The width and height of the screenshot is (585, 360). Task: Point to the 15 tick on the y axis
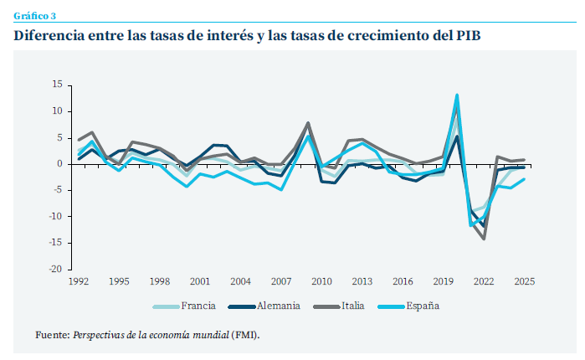point(57,85)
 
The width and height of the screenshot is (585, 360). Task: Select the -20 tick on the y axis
point(55,270)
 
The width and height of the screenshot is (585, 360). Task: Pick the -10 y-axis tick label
point(55,217)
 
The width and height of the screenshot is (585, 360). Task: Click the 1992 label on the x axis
point(80,281)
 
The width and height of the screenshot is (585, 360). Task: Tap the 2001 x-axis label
point(199,281)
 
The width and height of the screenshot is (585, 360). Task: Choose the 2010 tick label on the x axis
point(322,281)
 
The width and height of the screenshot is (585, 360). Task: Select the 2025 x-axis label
point(524,281)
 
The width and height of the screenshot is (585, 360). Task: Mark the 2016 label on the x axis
point(403,281)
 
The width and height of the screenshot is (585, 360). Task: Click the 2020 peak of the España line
point(457,95)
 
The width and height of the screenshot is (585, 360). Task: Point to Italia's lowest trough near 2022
point(484,239)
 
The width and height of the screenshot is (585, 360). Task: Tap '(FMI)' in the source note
point(246,335)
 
